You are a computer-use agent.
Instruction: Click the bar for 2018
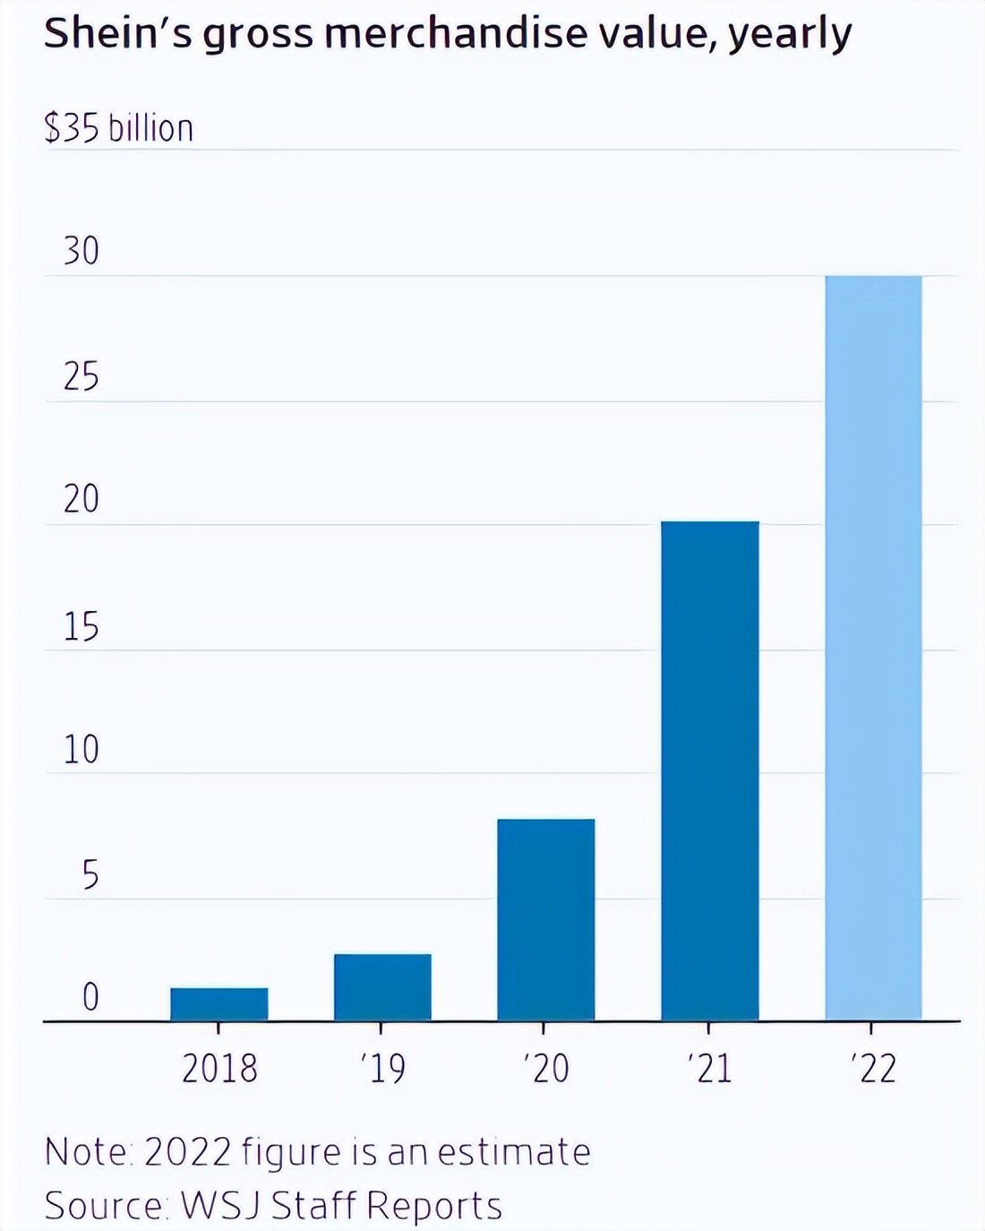coord(219,1003)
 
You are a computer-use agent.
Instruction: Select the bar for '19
coord(382,986)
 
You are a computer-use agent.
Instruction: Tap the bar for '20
coord(546,919)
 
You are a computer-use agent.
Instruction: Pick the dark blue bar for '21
coord(710,770)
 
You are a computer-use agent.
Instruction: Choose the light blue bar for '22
coord(873,648)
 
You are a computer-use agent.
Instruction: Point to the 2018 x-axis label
coord(219,1068)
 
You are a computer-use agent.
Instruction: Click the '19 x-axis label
coord(383,1068)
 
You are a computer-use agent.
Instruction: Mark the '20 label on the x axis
coord(546,1068)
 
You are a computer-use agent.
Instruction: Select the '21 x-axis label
coord(710,1068)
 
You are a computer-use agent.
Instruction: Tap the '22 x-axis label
coord(873,1068)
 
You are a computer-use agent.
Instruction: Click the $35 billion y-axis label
coord(118,128)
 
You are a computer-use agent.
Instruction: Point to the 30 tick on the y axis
coord(81,251)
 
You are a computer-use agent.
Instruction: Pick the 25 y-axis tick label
coord(81,376)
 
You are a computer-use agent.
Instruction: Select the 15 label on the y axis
coord(81,626)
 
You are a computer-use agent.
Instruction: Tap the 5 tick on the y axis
coord(90,874)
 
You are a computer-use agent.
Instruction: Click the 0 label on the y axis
coord(90,996)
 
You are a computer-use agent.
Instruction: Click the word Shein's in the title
coord(116,34)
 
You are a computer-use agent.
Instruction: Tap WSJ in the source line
coord(220,1205)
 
